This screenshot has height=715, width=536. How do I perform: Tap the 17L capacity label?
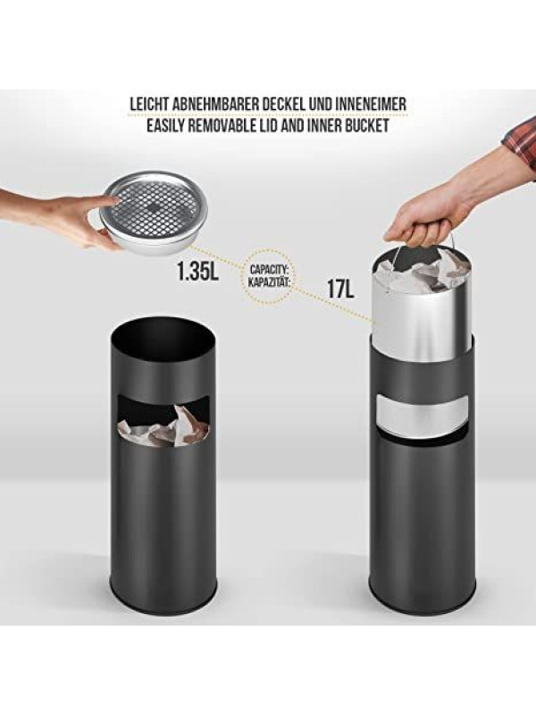tap(340, 288)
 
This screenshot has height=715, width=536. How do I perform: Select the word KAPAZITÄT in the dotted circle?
tap(270, 280)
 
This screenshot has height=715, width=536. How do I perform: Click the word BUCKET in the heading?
tap(367, 125)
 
